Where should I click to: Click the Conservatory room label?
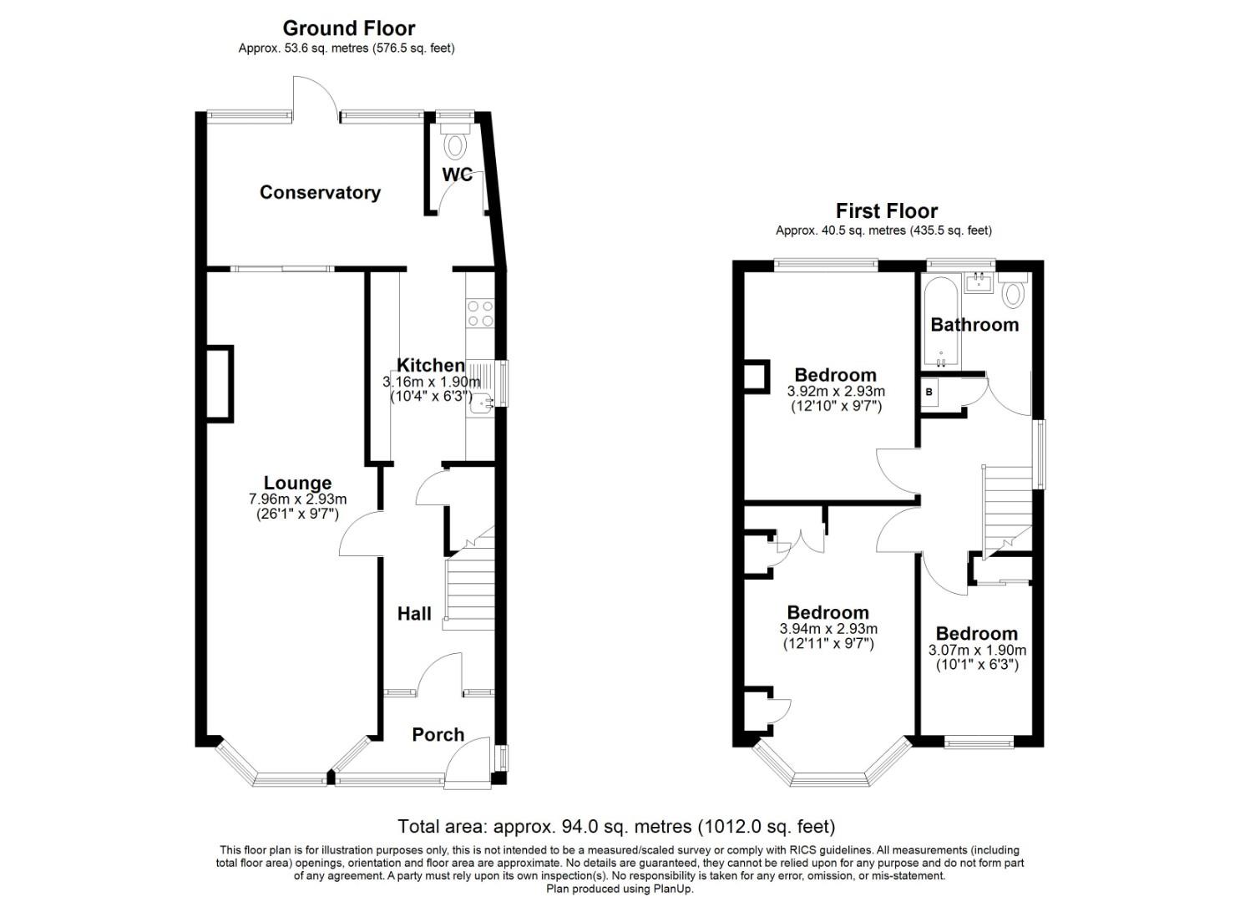coord(320,193)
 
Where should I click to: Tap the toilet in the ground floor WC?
coord(455,145)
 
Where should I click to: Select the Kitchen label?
coord(430,365)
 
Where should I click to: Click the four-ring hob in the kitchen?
coord(480,313)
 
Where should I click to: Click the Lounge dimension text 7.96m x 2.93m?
coord(297,499)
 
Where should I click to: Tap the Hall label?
coord(414,614)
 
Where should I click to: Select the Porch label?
coord(438,734)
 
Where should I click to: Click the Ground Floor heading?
coord(348,28)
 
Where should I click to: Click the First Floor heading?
coord(886,210)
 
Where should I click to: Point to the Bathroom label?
coord(974,325)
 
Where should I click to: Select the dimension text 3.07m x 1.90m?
coord(977,651)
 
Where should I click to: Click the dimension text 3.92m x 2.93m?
coord(836,392)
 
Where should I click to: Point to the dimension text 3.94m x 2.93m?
coord(828,630)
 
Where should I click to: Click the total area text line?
coord(616,827)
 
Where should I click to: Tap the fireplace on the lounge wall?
coord(220,383)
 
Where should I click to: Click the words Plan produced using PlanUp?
coord(619,889)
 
